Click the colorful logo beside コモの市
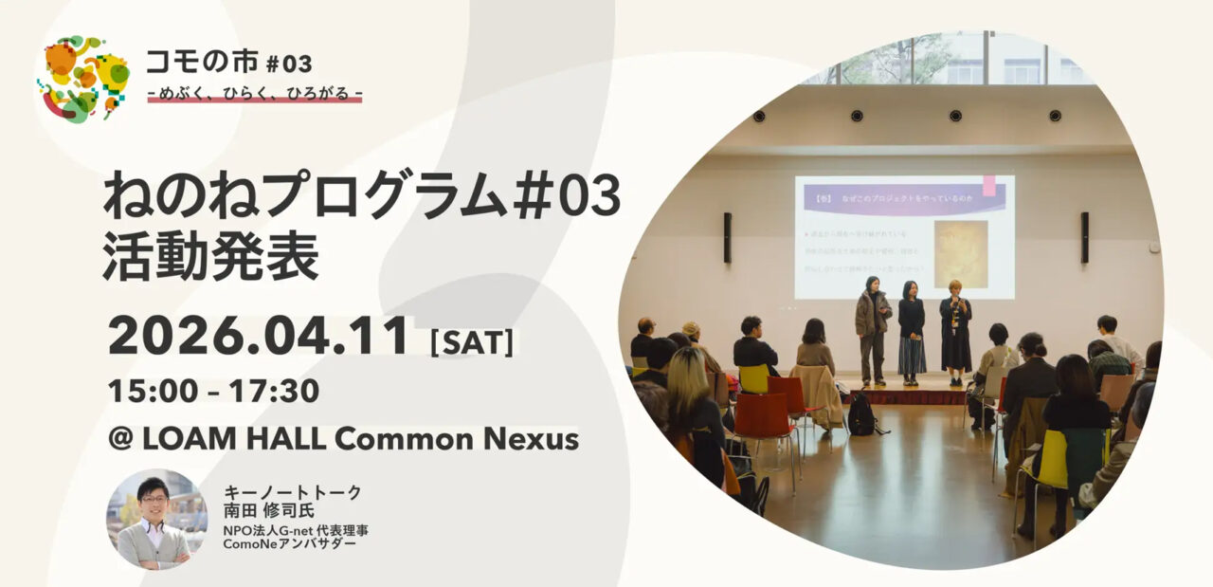point(83,79)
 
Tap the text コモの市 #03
point(228,64)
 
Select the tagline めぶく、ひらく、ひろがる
point(255,93)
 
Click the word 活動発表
point(211,254)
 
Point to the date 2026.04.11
point(259,336)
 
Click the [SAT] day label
point(472,341)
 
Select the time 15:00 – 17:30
point(213,390)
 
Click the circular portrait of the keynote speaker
point(156,519)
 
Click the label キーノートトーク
point(293,492)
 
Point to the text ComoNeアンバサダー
point(290,544)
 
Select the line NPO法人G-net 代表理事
point(296,529)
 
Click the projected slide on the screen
point(904,236)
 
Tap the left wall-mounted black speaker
point(727,237)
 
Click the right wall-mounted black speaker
point(1084,237)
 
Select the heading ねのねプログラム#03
point(361,195)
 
